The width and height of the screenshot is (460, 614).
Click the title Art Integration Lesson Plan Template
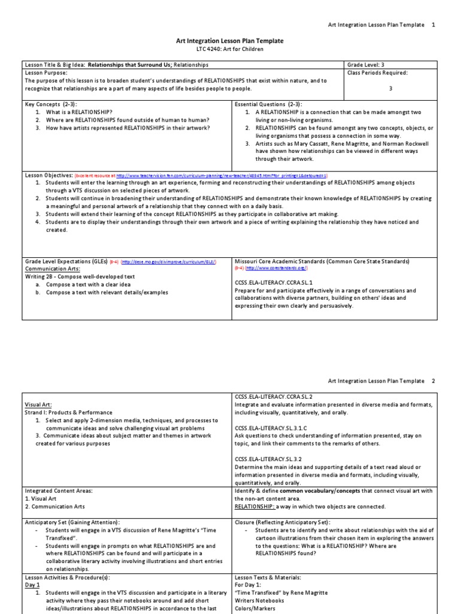(229, 41)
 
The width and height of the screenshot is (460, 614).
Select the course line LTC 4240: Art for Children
(229, 49)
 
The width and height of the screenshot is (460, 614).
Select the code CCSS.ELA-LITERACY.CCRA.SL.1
(274, 281)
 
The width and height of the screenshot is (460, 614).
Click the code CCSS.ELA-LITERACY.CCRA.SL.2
(274, 396)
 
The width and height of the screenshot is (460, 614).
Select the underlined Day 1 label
(32, 585)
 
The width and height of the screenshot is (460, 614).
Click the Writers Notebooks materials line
(259, 600)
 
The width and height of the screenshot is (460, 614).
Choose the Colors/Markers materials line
(256, 608)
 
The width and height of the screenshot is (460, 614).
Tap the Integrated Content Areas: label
(59, 490)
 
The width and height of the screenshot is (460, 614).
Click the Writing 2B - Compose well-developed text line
(80, 277)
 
